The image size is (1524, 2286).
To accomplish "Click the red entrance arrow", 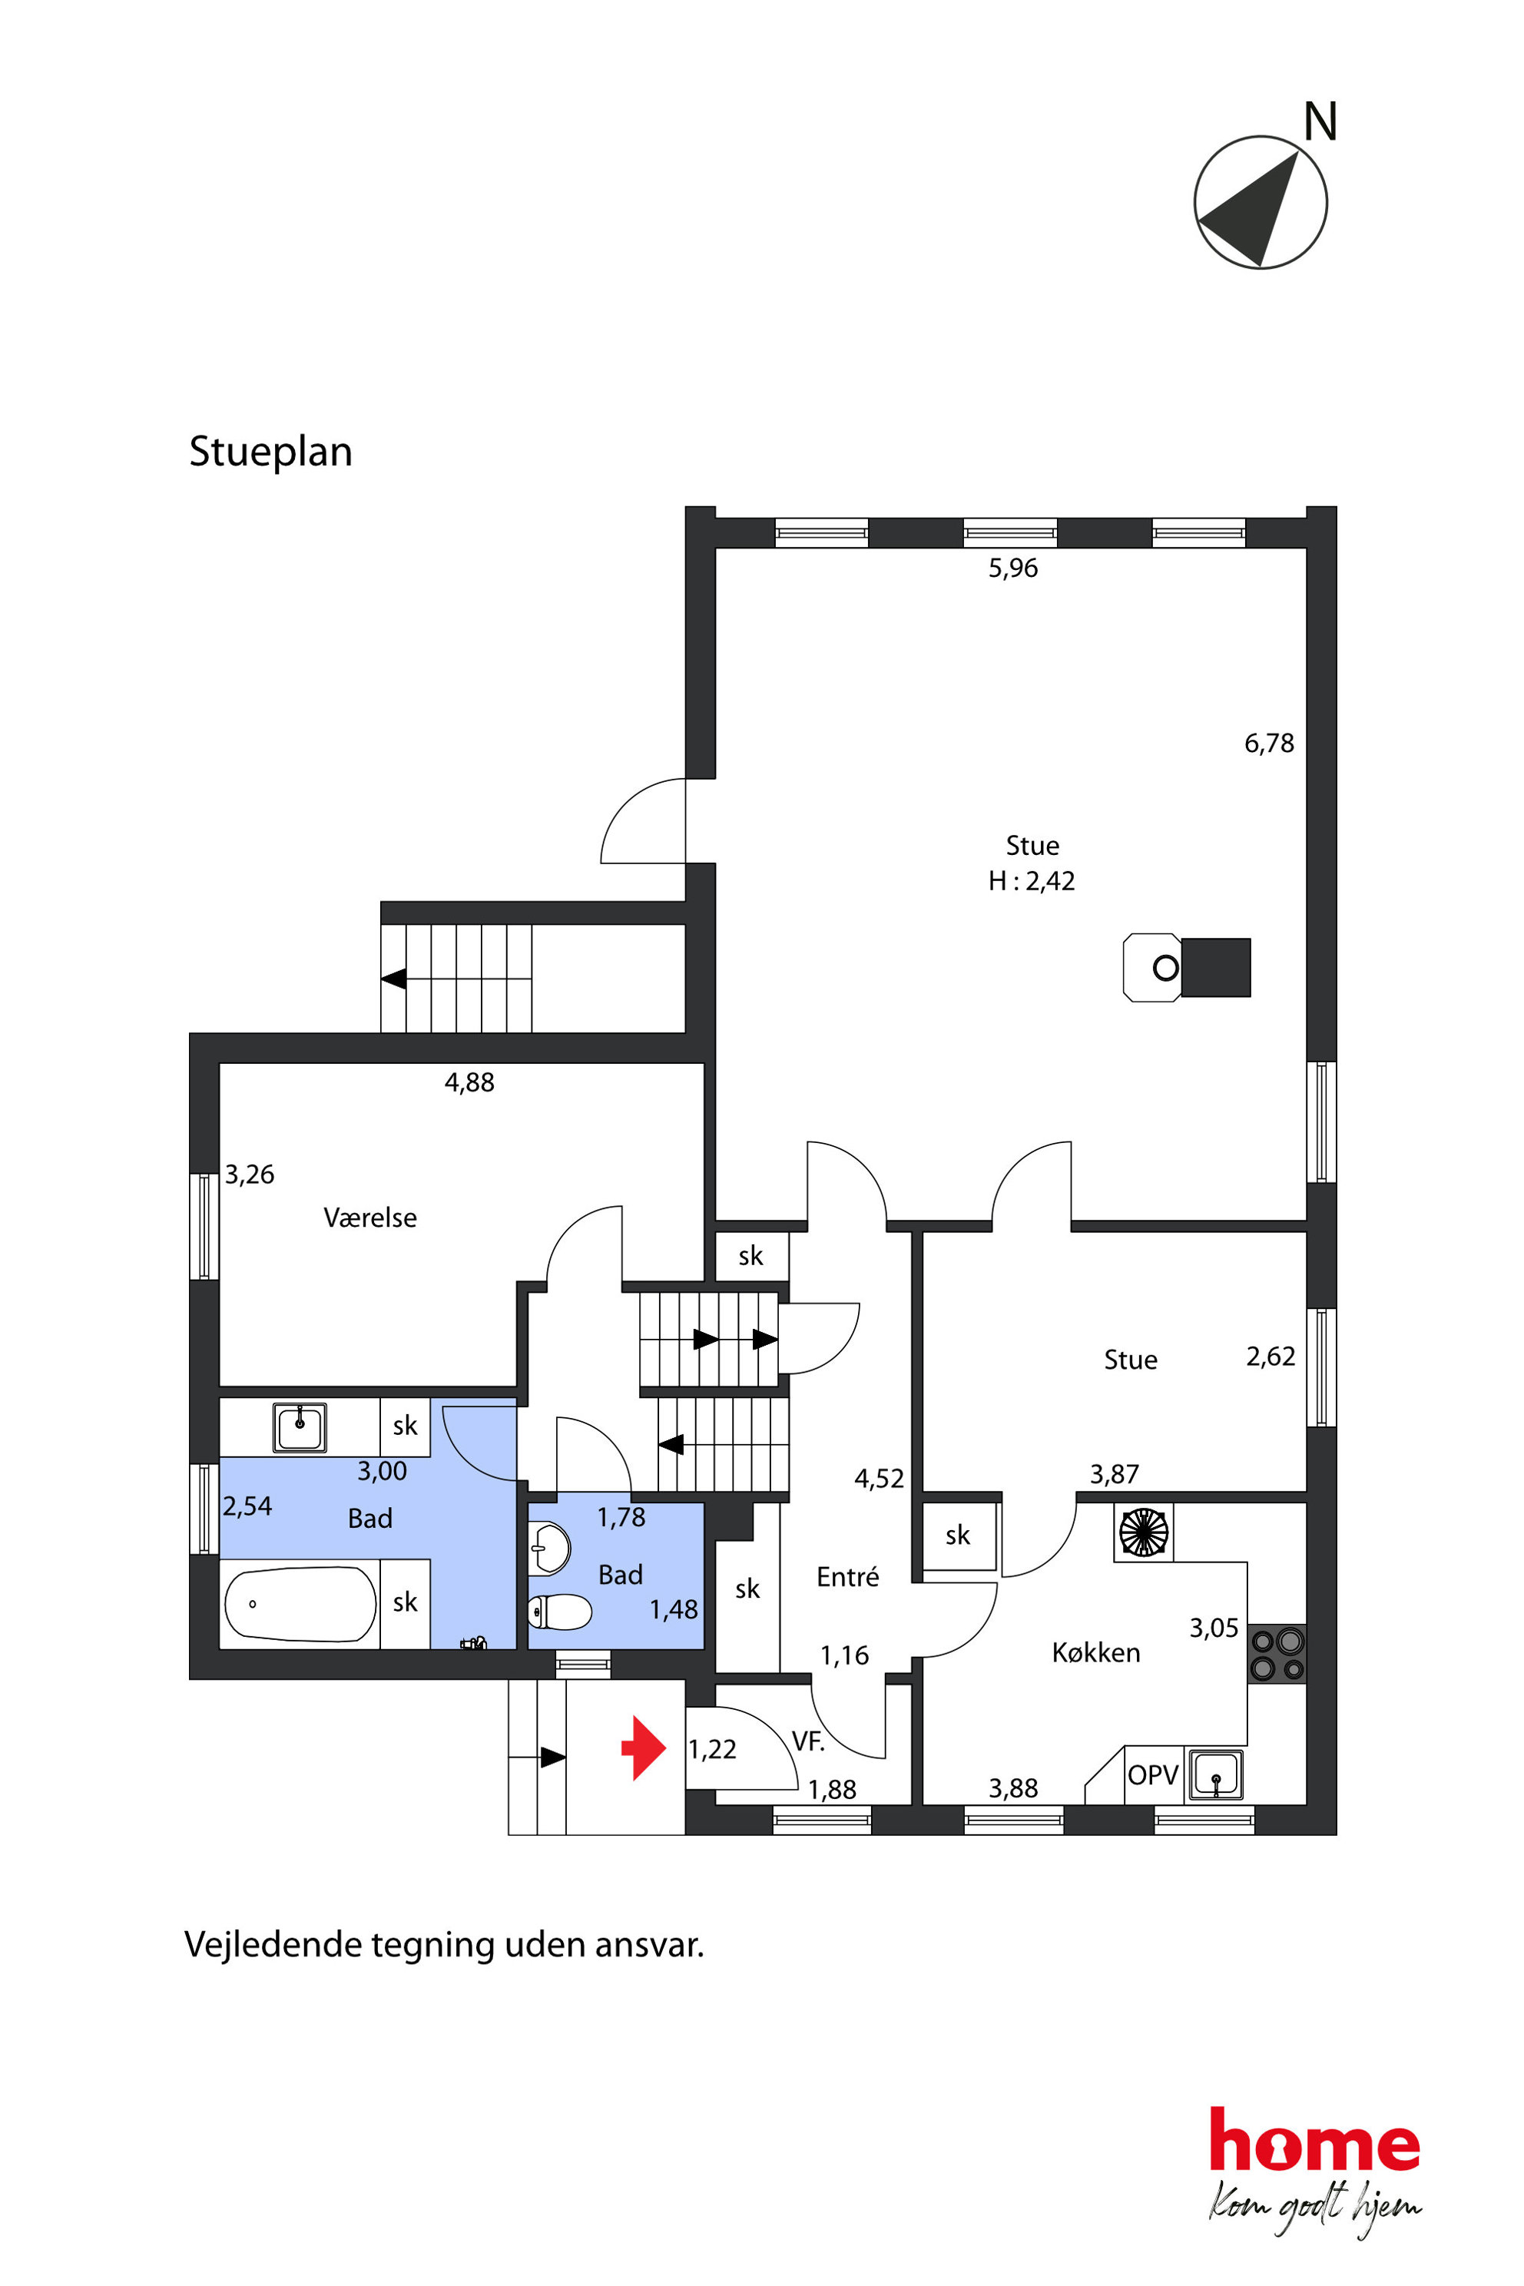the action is (x=644, y=1748).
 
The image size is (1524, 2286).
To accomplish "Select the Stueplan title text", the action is (x=270, y=452).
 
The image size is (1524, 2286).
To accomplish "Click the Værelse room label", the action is (x=370, y=1217).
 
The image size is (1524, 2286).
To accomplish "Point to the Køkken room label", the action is (x=1095, y=1652).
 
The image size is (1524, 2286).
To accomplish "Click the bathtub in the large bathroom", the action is (x=300, y=1604).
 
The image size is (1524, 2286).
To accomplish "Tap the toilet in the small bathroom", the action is (x=560, y=1612).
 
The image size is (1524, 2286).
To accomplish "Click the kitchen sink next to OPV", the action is (x=1216, y=1774).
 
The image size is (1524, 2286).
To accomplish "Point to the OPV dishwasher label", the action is (x=1153, y=1774).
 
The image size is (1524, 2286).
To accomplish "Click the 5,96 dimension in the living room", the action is (x=1012, y=568).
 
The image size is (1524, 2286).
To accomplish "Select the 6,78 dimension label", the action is (x=1269, y=744).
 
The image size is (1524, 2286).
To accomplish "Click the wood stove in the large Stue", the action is (x=1187, y=967).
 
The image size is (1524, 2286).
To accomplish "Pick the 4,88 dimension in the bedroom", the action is (x=469, y=1083).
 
